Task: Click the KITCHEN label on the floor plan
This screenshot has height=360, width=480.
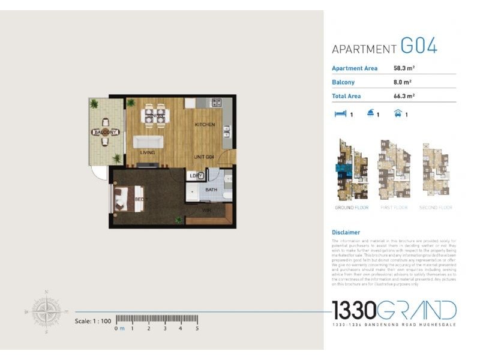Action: (x=205, y=124)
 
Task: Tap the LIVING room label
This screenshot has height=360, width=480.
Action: (x=148, y=153)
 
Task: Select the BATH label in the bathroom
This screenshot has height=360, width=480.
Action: (x=211, y=190)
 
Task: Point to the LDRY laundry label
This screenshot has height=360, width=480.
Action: (x=195, y=176)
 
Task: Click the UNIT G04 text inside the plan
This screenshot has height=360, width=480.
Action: (x=205, y=157)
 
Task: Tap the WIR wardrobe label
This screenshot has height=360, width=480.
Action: (x=205, y=210)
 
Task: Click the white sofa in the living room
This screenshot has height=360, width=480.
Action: (x=148, y=141)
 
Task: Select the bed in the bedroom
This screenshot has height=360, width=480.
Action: (x=129, y=199)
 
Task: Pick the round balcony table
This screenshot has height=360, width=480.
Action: (x=105, y=132)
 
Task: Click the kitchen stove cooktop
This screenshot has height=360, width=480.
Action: (x=216, y=103)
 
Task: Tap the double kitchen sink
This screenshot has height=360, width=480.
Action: (x=227, y=131)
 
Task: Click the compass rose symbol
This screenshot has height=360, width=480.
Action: (x=46, y=311)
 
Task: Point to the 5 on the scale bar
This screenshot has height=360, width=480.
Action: (x=197, y=329)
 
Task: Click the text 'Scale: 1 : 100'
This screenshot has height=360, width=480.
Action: (x=93, y=321)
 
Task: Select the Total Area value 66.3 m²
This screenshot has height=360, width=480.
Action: (x=404, y=95)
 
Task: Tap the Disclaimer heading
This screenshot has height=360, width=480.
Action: (x=346, y=232)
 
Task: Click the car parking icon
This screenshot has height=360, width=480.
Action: (x=397, y=113)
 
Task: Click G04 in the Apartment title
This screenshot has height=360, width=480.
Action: (x=418, y=46)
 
